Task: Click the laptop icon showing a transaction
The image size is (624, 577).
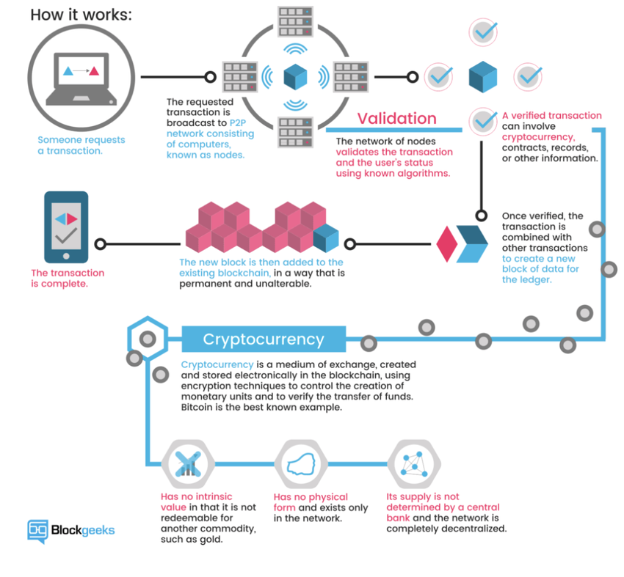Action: click(81, 76)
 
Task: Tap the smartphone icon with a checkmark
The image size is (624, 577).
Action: click(67, 227)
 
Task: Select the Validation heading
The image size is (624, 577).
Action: click(396, 118)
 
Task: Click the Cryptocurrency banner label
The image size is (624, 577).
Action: click(263, 339)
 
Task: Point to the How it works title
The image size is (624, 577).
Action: click(81, 15)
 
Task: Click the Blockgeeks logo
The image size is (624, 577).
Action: click(71, 529)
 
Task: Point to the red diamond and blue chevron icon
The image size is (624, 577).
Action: click(462, 243)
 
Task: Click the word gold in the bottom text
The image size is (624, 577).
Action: click(233, 538)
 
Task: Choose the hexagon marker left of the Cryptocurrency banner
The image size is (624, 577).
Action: click(147, 339)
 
